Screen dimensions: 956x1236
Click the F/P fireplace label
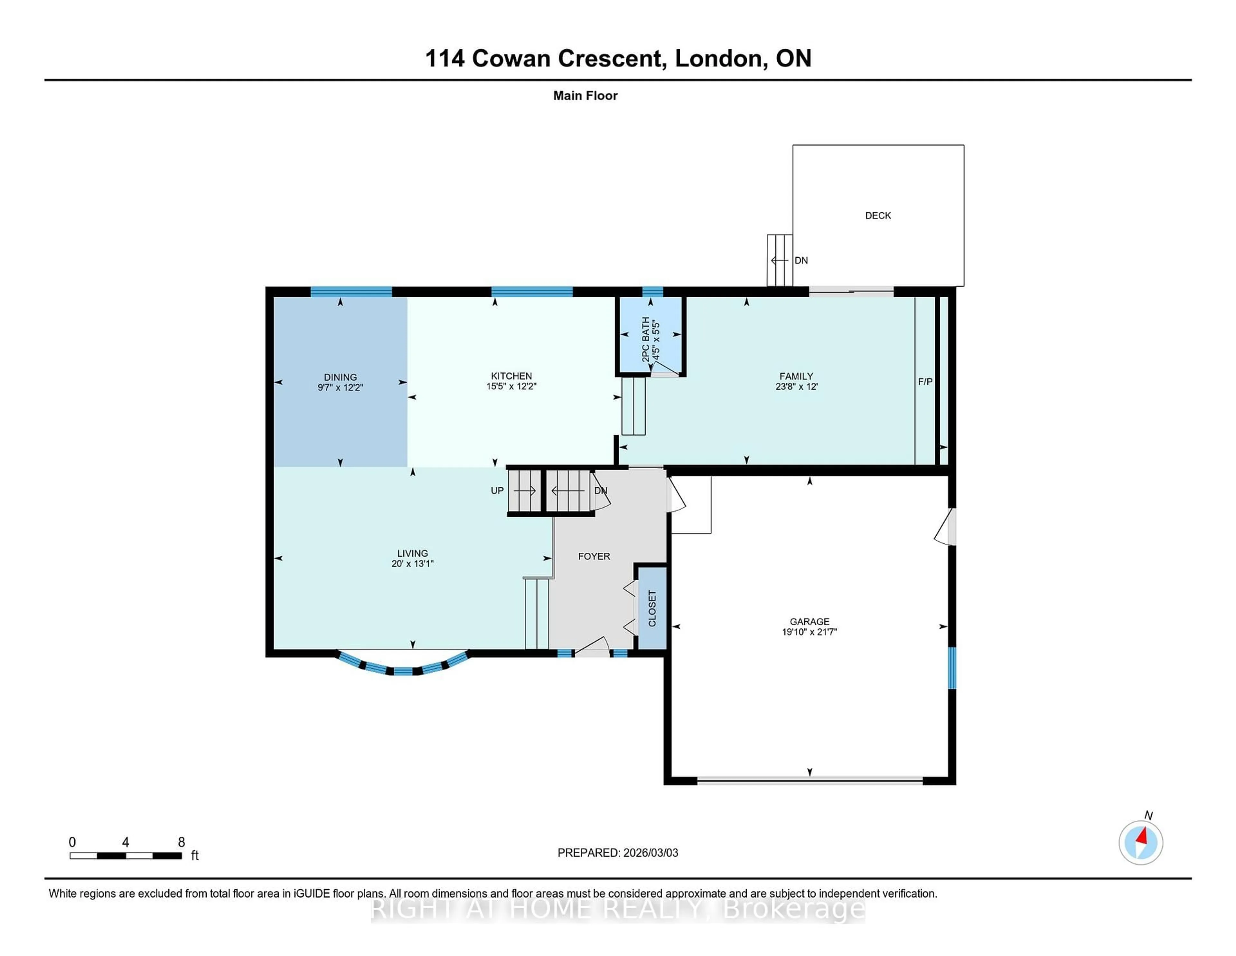pyautogui.click(x=925, y=382)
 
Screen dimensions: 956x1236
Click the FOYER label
pyautogui.click(x=594, y=556)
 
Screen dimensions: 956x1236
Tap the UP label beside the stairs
pyautogui.click(x=497, y=491)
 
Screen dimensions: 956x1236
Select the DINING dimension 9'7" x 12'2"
pyautogui.click(x=340, y=388)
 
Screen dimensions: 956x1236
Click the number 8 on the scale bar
pyautogui.click(x=181, y=842)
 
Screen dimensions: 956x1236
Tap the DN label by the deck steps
pyautogui.click(x=801, y=261)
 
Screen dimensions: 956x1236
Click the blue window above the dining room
pyautogui.click(x=351, y=292)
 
